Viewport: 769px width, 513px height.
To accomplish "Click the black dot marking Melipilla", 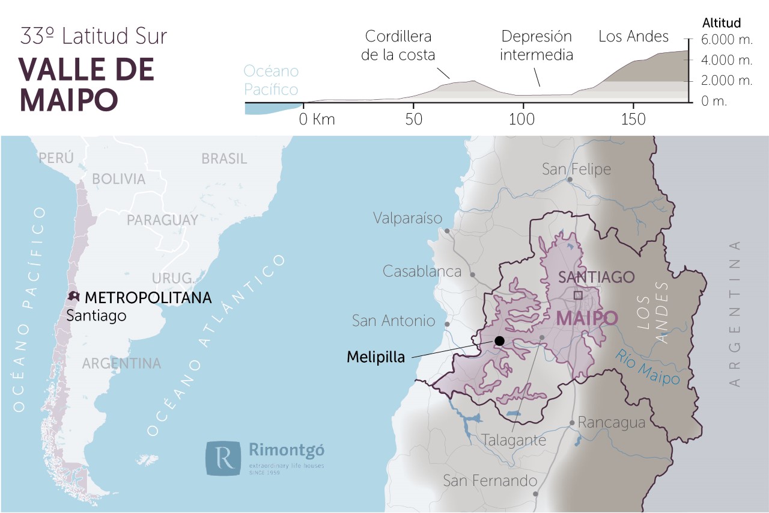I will click(499, 341).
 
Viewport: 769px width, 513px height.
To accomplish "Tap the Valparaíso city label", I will click(407, 218).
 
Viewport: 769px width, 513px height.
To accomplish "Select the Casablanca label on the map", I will click(422, 271).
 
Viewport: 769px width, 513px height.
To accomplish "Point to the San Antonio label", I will click(393, 321).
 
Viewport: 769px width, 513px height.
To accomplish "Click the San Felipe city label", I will click(576, 169).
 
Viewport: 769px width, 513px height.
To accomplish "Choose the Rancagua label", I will click(611, 423).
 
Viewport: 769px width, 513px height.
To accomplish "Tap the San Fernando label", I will click(490, 481).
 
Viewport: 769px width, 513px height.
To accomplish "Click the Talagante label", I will click(514, 440).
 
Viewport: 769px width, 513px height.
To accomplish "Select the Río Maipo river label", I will click(647, 367).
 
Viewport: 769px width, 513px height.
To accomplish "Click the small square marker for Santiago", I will click(578, 295).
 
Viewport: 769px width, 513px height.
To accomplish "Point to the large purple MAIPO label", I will click(587, 318).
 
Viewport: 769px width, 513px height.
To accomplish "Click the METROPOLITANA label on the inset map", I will click(148, 297).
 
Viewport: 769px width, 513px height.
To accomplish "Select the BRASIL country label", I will click(224, 159).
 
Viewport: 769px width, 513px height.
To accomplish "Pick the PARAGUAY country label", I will click(162, 220).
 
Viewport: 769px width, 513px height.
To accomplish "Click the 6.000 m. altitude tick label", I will click(728, 40).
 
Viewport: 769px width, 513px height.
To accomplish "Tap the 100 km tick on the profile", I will click(522, 119).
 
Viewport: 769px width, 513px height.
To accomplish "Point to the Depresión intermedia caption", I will click(536, 46).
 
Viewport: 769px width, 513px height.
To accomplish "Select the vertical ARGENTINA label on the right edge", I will click(734, 313).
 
